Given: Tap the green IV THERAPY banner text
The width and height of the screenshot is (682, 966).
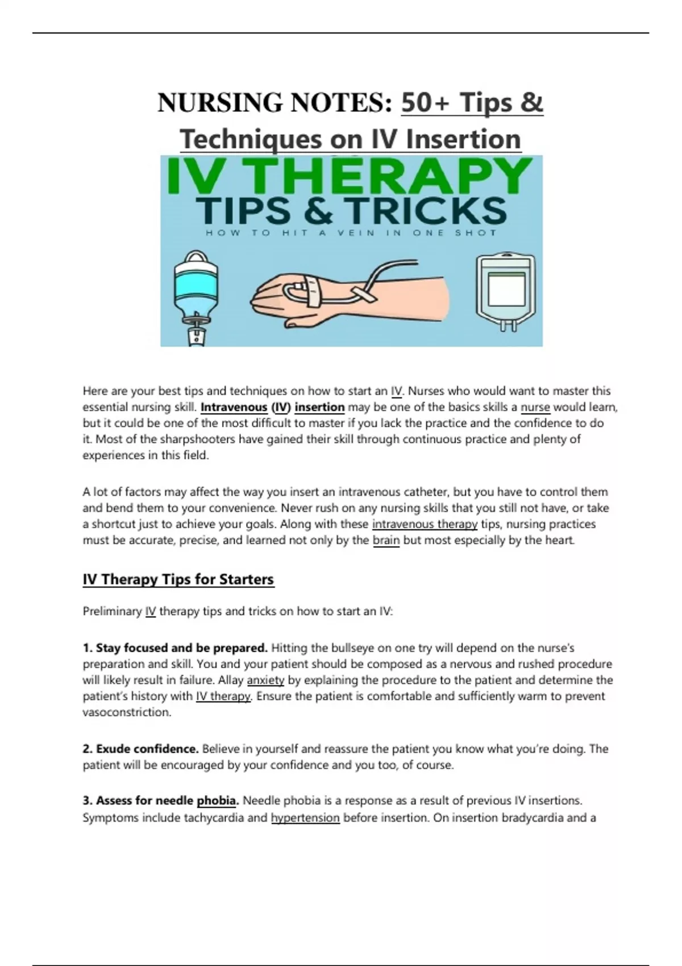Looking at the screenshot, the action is pos(350,176).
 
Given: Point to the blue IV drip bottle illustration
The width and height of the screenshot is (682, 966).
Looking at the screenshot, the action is pos(196,298).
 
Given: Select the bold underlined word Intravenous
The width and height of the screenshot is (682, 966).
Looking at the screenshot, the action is pos(234,407).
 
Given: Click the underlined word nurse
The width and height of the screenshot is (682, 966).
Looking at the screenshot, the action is pos(535,407).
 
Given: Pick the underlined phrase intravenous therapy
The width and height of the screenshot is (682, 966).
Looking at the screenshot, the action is pos(425,524).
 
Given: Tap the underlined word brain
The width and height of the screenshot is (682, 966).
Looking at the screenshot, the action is pos(386,540).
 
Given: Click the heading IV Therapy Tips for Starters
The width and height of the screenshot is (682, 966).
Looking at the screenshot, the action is pos(178,578).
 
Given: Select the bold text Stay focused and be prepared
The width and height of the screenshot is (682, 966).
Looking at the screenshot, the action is pos(175,648).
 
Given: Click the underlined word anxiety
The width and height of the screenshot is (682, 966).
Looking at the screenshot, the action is pos(265,681).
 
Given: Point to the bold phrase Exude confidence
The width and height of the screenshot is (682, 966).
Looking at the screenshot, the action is pos(140,749).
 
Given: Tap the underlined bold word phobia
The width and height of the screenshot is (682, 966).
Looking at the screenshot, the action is pos(217,801).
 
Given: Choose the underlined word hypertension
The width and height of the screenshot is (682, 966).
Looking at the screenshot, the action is pos(305,818).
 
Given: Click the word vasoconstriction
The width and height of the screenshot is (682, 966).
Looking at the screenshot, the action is pos(127,712).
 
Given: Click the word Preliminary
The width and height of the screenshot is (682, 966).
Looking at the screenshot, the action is pos(112,611).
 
